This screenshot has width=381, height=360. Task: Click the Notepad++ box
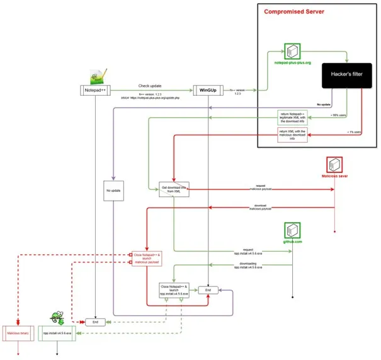94,90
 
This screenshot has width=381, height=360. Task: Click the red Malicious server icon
334,165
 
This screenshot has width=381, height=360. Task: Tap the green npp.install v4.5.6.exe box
57,332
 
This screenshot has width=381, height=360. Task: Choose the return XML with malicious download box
293,134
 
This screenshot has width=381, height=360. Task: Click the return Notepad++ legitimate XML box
292,118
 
